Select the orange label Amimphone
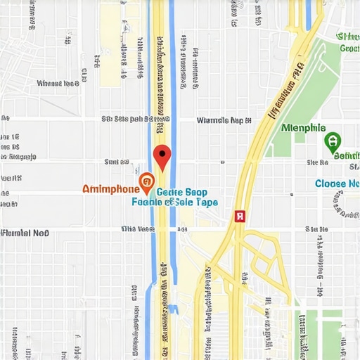pyautogui.click(x=110, y=188)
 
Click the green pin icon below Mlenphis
pyautogui.click(x=331, y=142)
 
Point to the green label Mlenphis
pyautogui.click(x=303, y=128)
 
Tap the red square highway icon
pyautogui.click(x=239, y=217)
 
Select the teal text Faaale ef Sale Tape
pyautogui.click(x=175, y=202)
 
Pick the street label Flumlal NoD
pyautogui.click(x=25, y=232)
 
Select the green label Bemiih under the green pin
pyautogui.click(x=346, y=155)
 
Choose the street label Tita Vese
pyautogui.click(x=137, y=229)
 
